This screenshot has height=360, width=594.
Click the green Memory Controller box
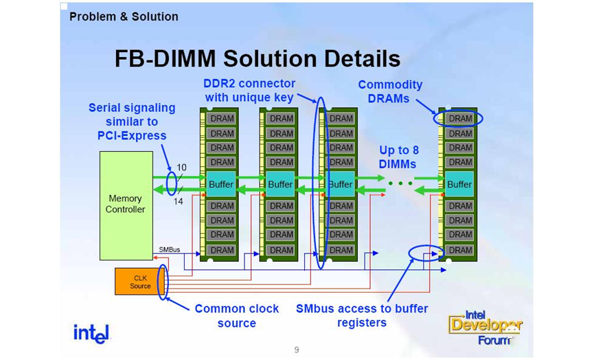click(x=126, y=205)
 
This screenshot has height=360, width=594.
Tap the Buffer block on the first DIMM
click(x=220, y=184)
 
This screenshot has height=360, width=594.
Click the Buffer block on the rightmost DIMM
click(x=459, y=184)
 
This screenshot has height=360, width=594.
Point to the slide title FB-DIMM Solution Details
click(x=258, y=58)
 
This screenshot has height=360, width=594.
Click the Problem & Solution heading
click(x=124, y=16)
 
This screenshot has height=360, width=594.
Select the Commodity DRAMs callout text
click(x=389, y=92)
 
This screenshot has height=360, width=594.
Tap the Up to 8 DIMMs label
click(x=398, y=157)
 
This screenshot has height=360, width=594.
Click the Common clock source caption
click(x=237, y=315)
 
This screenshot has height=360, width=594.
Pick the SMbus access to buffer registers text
click(x=361, y=315)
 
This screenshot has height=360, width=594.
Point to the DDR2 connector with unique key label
click(x=249, y=91)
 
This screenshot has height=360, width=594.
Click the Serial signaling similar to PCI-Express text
click(x=132, y=122)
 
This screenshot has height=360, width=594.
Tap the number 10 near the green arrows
click(x=181, y=167)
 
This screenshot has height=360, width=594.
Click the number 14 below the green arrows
click(x=178, y=202)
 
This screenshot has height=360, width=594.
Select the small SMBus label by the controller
click(x=169, y=249)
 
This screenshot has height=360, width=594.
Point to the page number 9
click(x=297, y=350)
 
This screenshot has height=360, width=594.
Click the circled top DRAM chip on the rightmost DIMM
click(x=459, y=118)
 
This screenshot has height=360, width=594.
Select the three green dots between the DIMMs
click(x=399, y=184)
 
